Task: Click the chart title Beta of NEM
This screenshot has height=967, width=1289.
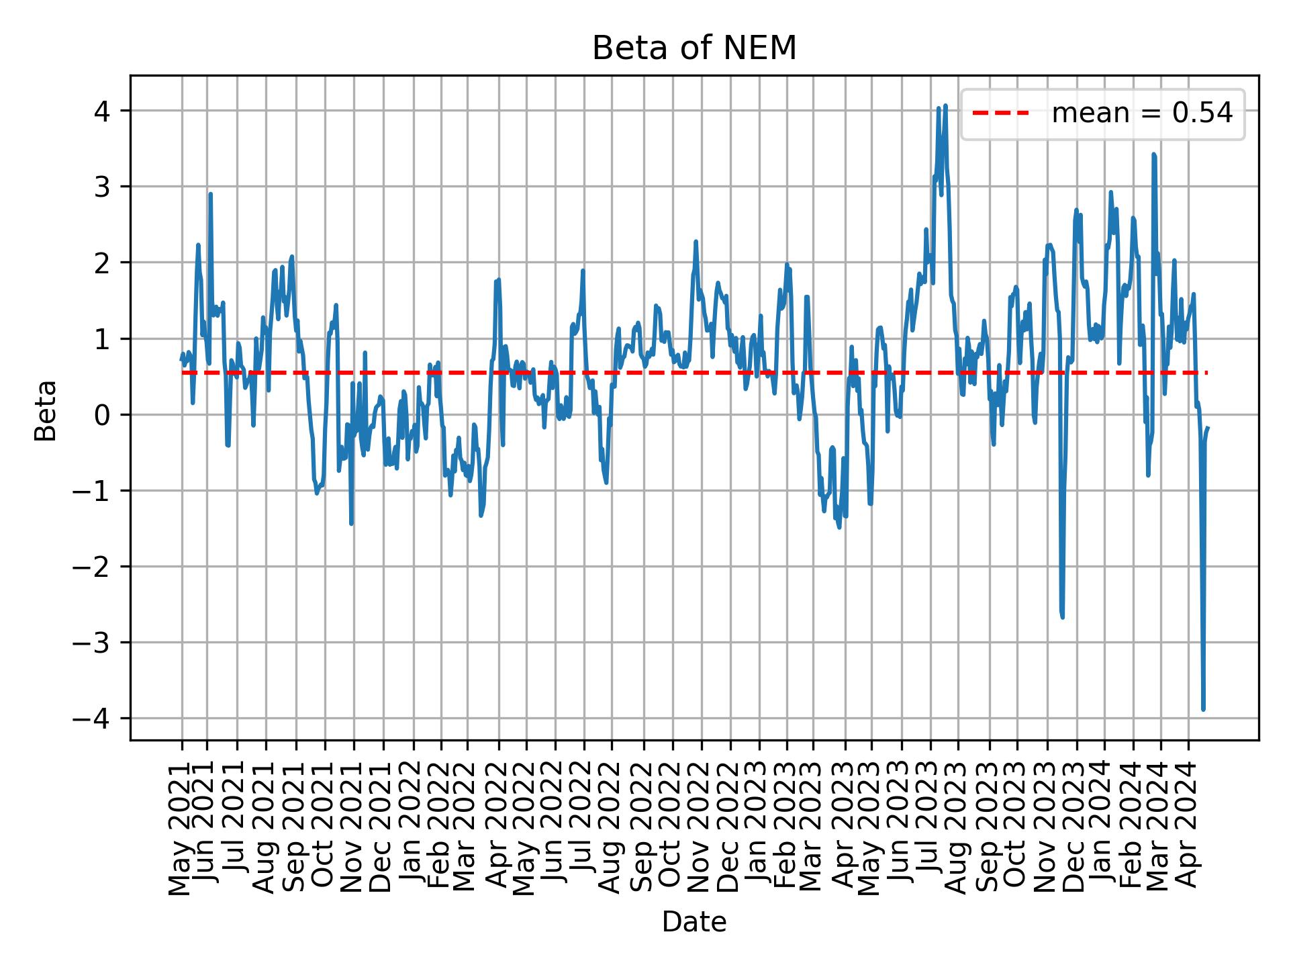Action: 694,48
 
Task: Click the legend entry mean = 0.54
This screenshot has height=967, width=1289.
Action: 1141,114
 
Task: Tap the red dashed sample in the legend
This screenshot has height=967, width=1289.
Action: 1001,114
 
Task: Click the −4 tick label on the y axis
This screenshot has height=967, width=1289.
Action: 94,719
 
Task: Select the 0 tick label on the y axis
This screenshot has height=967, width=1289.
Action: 102,414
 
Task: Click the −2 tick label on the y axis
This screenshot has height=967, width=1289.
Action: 94,567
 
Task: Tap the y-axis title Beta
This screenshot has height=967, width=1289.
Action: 46,410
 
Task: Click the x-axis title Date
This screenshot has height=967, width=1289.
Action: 694,922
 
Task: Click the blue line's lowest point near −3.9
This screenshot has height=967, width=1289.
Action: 1203,708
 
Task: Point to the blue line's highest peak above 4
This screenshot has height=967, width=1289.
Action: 945,105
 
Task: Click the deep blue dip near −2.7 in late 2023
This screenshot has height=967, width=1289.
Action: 1062,616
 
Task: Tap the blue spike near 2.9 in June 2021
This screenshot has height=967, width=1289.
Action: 210,194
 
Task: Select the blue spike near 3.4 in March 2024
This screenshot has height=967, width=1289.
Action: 1153,155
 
